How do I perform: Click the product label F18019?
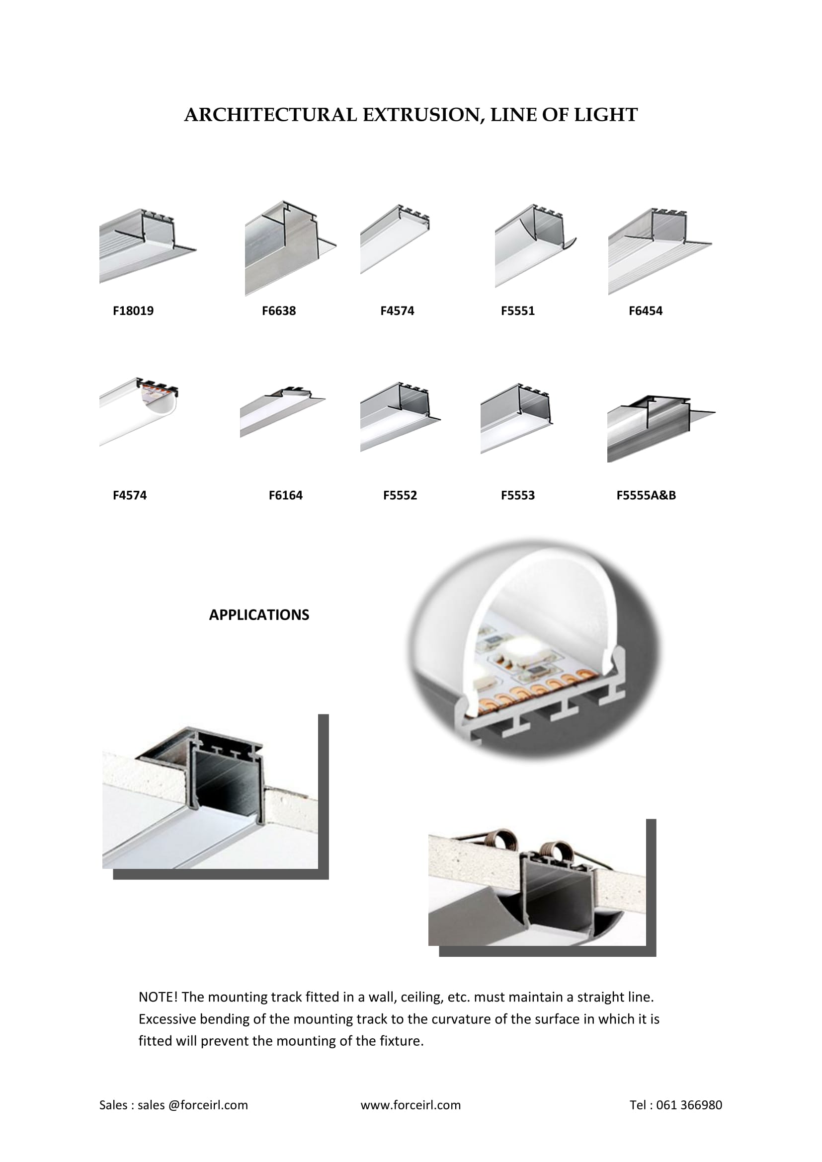pos(133,310)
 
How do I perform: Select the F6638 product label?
pos(279,310)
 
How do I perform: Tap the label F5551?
pos(518,310)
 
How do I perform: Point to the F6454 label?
pos(646,310)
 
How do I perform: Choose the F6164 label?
pos(285,495)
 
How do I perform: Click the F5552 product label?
pos(400,495)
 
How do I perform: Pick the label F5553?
pos(518,495)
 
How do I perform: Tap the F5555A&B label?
pos(646,495)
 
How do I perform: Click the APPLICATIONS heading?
pos(259,615)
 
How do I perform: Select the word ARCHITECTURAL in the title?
pos(271,115)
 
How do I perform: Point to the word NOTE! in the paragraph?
pos(158,997)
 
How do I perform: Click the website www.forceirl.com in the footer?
pos(411,1105)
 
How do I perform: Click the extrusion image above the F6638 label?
pos(291,248)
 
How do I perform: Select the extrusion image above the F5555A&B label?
pos(661,428)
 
